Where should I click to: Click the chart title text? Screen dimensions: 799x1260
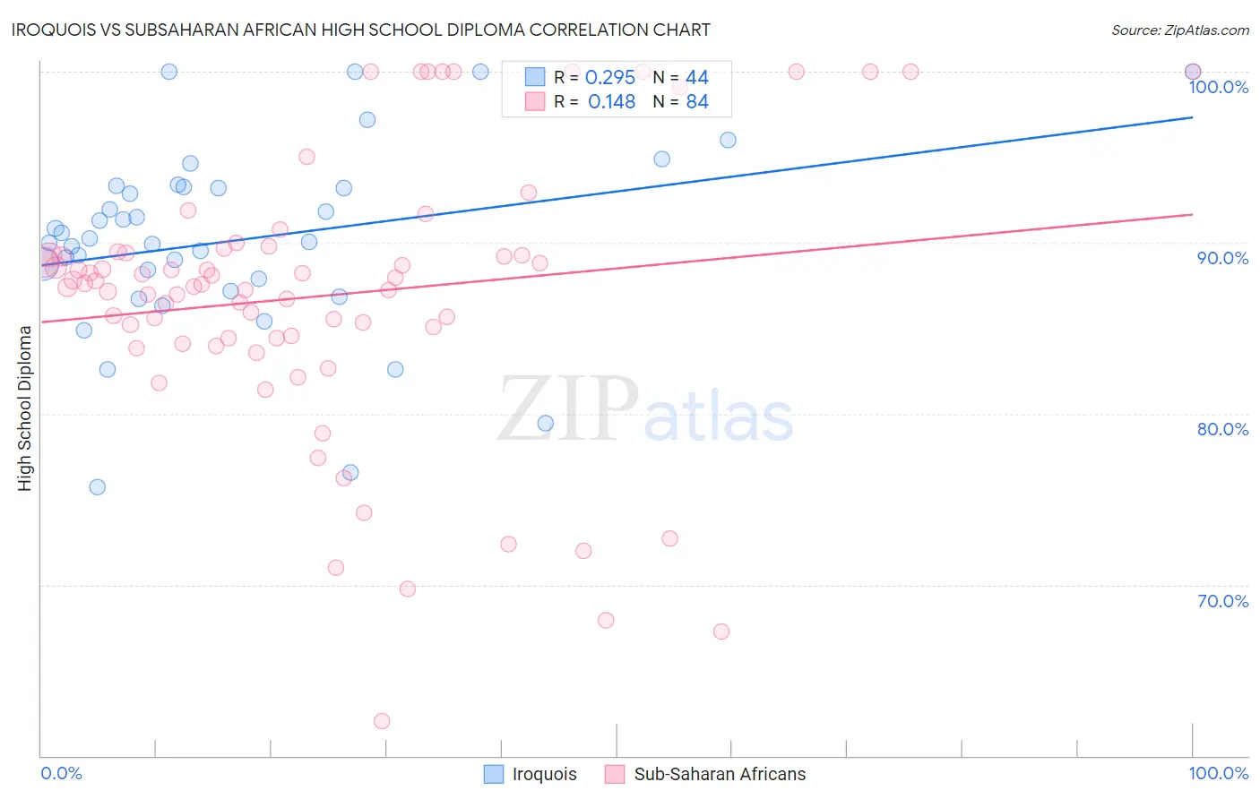pyautogui.click(x=361, y=30)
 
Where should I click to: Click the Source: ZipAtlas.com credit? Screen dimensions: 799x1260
pyautogui.click(x=1179, y=30)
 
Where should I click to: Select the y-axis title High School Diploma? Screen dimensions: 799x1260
pyautogui.click(x=25, y=408)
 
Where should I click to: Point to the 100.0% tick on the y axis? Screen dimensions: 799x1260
pyautogui.click(x=1218, y=87)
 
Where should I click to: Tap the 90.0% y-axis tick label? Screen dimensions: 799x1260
pyautogui.click(x=1222, y=258)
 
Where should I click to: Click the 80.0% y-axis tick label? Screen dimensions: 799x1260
pyautogui.click(x=1222, y=429)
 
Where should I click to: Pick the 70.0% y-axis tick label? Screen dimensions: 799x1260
pyautogui.click(x=1222, y=601)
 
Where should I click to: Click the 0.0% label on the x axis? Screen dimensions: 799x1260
pyautogui.click(x=61, y=773)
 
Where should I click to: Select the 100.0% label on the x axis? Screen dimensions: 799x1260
pyautogui.click(x=1218, y=773)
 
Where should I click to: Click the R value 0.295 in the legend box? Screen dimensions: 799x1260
pyautogui.click(x=609, y=78)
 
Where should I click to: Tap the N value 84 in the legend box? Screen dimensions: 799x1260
pyautogui.click(x=696, y=102)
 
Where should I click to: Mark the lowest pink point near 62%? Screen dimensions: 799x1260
pyautogui.click(x=382, y=721)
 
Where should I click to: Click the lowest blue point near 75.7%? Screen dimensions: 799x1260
pyautogui.click(x=98, y=487)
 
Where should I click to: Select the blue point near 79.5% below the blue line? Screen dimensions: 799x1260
pyautogui.click(x=546, y=424)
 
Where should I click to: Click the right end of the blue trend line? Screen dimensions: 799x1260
pyautogui.click(x=1192, y=117)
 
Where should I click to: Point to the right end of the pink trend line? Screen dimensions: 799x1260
pyautogui.click(x=1192, y=214)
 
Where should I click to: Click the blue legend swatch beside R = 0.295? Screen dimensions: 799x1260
pyautogui.click(x=535, y=77)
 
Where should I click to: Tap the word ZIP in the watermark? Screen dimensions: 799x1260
pyautogui.click(x=568, y=409)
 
